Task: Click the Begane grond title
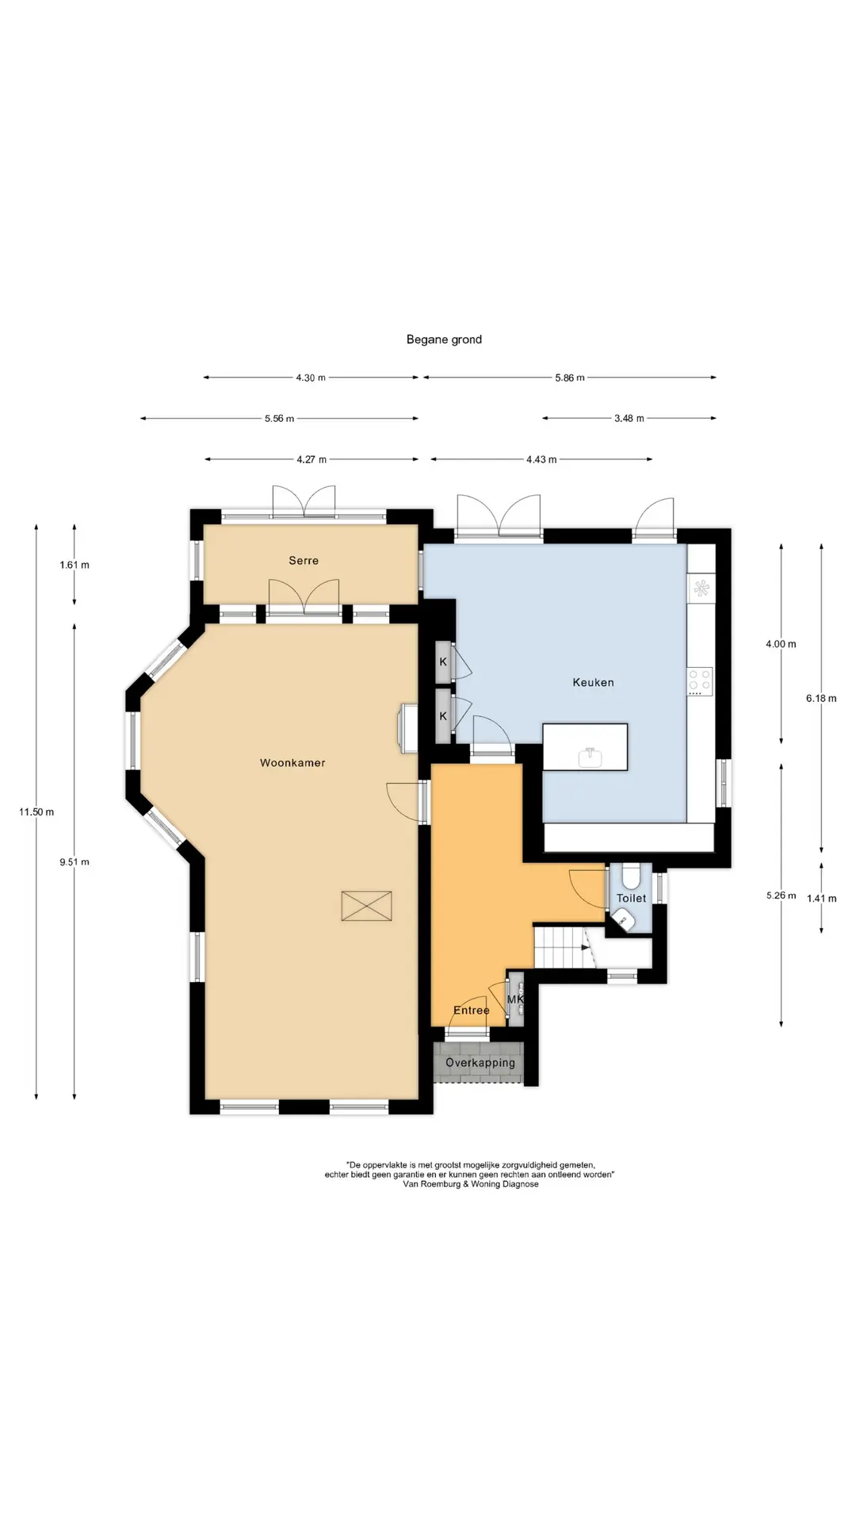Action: point(444,340)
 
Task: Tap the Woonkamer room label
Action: point(292,763)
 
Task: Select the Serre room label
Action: point(304,561)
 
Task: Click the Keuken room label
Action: point(593,682)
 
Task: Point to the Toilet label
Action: point(632,898)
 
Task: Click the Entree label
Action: point(471,1011)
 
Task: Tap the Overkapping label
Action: point(480,1063)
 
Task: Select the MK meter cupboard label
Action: point(515,999)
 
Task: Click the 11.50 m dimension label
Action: point(36,812)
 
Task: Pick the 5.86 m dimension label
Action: point(570,378)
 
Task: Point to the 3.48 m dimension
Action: point(629,418)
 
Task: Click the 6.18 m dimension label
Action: point(821,699)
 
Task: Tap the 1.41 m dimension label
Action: point(821,899)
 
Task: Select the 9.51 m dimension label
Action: point(75,862)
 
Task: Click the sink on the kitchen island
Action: point(590,758)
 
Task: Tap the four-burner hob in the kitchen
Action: point(700,681)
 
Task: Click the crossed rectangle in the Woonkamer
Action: point(366,906)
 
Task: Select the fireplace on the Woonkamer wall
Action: point(408,727)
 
